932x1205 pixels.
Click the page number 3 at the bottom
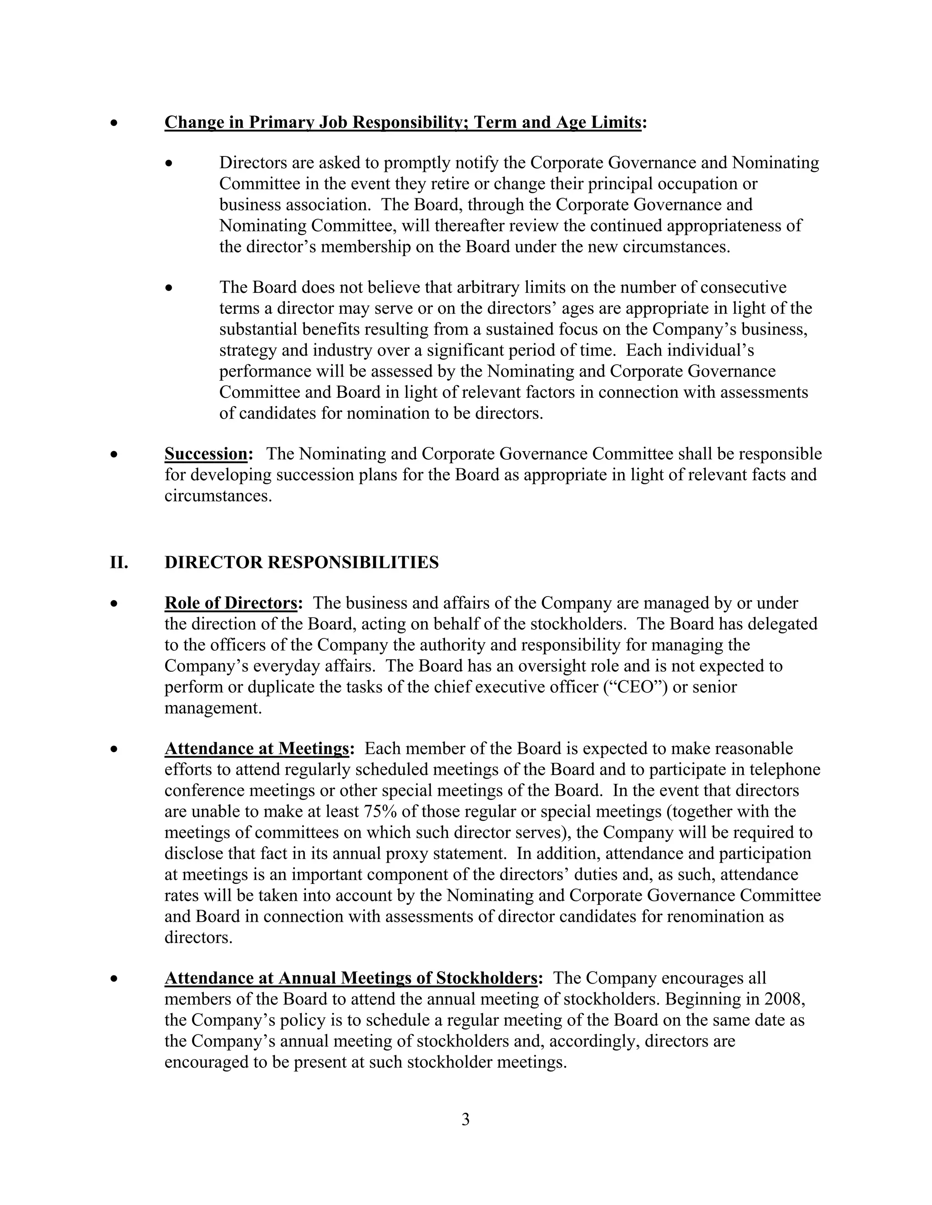[x=465, y=1120]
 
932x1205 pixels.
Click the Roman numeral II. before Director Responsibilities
[x=119, y=562]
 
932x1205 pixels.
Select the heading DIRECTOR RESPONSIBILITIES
[x=301, y=562]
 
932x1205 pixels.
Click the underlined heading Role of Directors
[x=231, y=603]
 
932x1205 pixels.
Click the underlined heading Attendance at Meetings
[x=257, y=749]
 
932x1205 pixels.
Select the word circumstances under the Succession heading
[x=218, y=496]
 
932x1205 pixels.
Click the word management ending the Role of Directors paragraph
[x=212, y=708]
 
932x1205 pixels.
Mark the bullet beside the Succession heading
[x=114, y=455]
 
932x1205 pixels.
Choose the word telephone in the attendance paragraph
[x=785, y=770]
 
